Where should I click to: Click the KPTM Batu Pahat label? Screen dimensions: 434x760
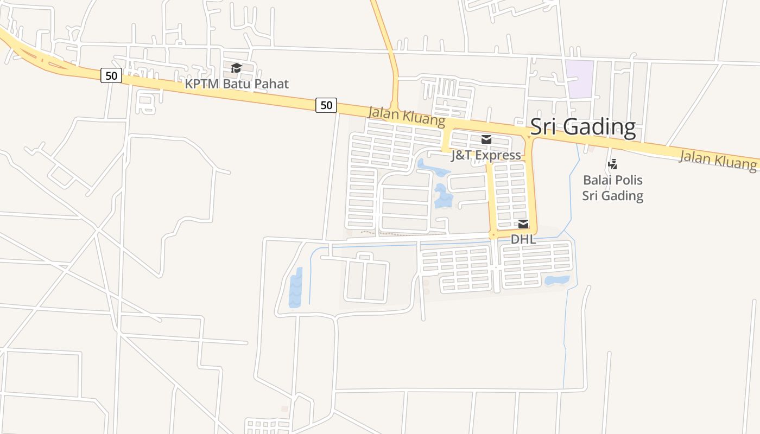[x=237, y=84]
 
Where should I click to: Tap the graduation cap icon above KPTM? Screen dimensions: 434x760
[x=236, y=68]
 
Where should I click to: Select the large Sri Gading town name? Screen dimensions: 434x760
[x=582, y=126]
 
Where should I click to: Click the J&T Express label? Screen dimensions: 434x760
[x=486, y=156]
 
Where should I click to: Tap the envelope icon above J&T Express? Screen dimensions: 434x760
[x=486, y=139]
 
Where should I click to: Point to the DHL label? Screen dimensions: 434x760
[x=523, y=239]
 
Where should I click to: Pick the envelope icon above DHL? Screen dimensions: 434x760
[x=523, y=224]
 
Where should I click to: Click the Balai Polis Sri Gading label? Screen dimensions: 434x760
[x=613, y=188]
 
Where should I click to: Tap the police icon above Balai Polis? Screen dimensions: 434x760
[x=613, y=163]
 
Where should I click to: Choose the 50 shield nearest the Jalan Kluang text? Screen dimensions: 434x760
[x=326, y=105]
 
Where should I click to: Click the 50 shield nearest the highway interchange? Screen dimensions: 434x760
[x=111, y=75]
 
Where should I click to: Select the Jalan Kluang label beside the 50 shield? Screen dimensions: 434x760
[x=406, y=116]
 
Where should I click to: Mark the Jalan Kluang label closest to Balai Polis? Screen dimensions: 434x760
[x=718, y=160]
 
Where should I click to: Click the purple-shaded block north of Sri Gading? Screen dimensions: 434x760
[x=579, y=79]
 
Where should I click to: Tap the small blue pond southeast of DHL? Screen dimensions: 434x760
[x=557, y=280]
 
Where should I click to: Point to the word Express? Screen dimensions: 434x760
[x=499, y=156]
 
